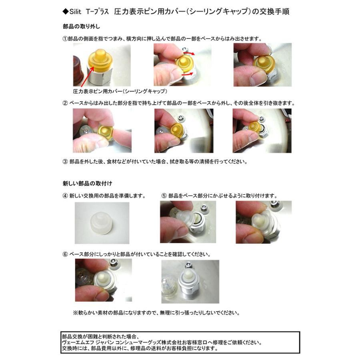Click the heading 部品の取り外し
pyautogui.click(x=81, y=27)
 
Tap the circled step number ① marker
pyautogui.click(x=65, y=39)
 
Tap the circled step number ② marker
pyautogui.click(x=65, y=103)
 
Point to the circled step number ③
pyautogui.click(x=65, y=162)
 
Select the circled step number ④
pyautogui.click(x=65, y=196)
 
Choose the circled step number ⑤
pyautogui.click(x=164, y=196)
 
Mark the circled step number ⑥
pyautogui.click(x=65, y=254)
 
